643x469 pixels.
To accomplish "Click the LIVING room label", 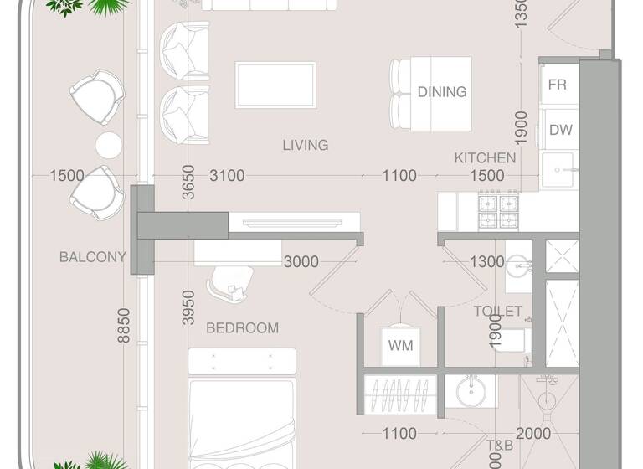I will [305, 145].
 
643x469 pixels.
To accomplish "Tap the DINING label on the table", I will [442, 92].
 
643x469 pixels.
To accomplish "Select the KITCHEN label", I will [485, 157].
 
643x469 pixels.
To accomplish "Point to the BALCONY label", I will [92, 257].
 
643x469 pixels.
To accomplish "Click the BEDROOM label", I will [242, 327].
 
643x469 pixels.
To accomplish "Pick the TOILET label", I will [497, 312].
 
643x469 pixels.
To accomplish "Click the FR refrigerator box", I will [558, 85].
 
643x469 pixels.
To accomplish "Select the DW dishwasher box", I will [559, 130].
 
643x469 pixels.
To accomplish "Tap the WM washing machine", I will [400, 345].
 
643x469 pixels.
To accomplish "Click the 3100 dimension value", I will [227, 176].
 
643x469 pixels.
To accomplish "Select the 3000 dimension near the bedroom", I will [301, 262].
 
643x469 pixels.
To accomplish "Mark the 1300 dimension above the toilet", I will [486, 262].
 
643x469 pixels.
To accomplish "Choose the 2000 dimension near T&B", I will [533, 433].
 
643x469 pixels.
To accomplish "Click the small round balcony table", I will [110, 145].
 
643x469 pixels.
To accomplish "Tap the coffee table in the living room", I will [275, 85].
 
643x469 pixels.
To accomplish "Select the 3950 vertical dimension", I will [189, 307].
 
